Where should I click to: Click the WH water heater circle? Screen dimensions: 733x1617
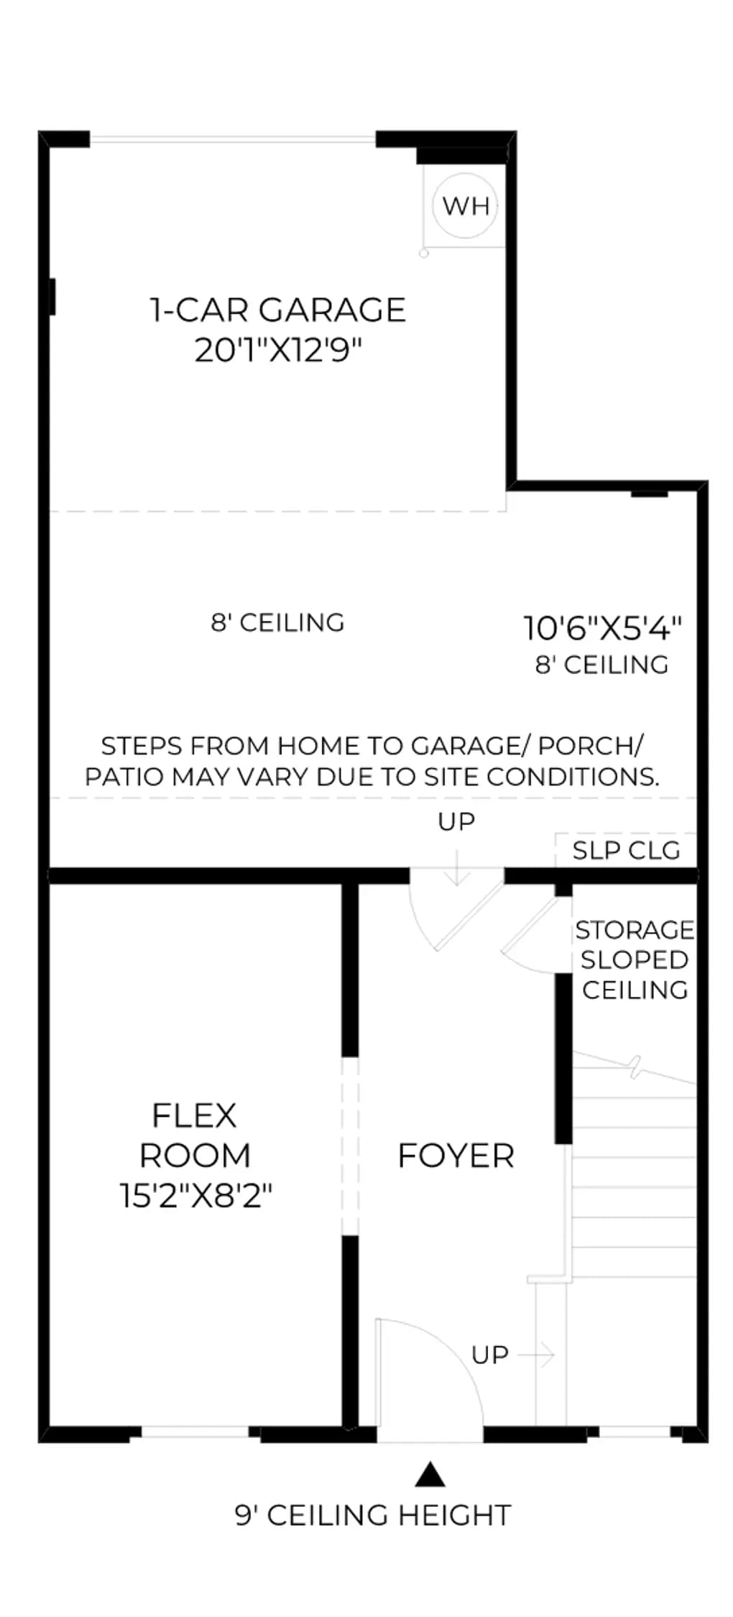(x=466, y=206)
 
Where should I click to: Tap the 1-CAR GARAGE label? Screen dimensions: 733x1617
(x=278, y=310)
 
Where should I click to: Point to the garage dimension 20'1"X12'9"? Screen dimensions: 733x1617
(x=278, y=351)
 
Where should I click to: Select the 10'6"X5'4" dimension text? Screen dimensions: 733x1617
(x=602, y=628)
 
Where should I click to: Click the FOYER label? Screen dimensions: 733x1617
(x=456, y=1156)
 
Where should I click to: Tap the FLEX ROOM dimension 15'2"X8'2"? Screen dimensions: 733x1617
(x=196, y=1197)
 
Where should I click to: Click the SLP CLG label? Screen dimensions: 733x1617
(x=626, y=851)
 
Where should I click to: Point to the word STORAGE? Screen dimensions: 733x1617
(x=635, y=930)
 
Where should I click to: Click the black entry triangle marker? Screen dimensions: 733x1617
(x=430, y=1474)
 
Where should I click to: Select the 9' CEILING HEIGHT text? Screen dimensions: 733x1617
(x=373, y=1516)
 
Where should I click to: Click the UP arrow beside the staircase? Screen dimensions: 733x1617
(x=536, y=1355)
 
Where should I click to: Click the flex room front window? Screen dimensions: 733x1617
(x=195, y=1432)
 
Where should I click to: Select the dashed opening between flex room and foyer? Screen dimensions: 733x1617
(x=349, y=1146)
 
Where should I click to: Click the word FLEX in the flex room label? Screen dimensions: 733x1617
(x=194, y=1115)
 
